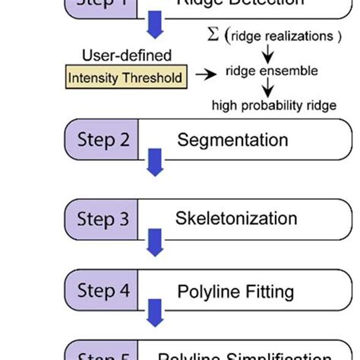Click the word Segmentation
click(232, 141)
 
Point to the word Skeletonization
click(236, 219)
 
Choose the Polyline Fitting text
click(235, 292)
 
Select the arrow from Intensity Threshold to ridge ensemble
click(205, 74)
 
